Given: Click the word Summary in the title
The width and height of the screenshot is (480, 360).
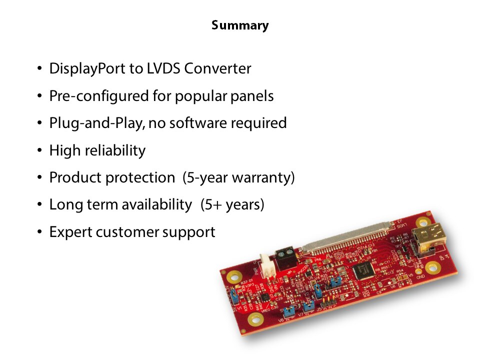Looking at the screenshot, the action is [240, 25].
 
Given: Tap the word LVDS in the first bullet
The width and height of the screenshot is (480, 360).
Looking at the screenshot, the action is [163, 68].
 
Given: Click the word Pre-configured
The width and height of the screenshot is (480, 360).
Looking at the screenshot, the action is [99, 96].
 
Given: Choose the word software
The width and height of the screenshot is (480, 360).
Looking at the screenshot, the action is [198, 123].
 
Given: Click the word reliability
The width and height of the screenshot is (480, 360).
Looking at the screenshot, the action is [115, 151].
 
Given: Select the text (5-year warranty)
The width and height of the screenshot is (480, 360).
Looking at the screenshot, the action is [238, 178].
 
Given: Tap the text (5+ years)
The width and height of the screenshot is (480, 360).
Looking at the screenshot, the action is [232, 205].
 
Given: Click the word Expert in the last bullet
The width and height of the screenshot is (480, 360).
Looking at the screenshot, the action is [70, 232].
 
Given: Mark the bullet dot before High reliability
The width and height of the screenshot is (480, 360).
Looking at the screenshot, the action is [39, 150].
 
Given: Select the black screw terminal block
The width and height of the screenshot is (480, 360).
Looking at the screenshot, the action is [286, 258].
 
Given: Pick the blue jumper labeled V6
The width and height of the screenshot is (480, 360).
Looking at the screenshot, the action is [288, 312].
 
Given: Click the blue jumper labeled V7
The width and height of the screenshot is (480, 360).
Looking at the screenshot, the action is [308, 306].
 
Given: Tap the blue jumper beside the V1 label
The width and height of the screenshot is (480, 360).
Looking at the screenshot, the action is [234, 296].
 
